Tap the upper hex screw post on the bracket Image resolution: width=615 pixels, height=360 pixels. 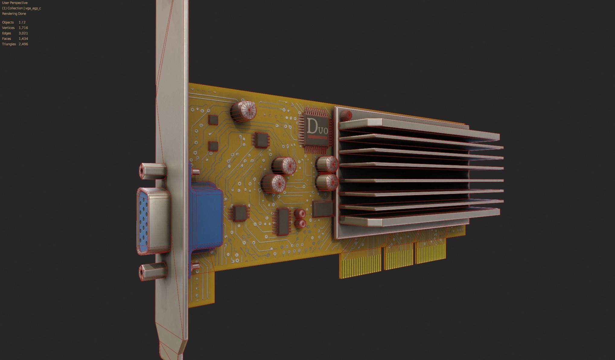pos(152,170)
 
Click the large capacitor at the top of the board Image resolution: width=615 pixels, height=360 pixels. pos(244,111)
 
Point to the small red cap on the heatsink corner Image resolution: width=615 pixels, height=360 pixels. pos(346,115)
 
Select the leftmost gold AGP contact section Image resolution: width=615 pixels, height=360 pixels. pos(361,266)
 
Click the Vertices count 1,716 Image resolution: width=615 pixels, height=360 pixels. pos(23,28)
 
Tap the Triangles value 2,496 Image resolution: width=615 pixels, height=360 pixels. pos(23,44)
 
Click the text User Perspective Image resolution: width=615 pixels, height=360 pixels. pos(15,3)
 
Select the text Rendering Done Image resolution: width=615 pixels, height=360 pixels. pos(14,14)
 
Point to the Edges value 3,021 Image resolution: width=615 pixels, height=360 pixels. pos(23,33)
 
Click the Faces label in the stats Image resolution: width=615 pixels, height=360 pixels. pos(6,39)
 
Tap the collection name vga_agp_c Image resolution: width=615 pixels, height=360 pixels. pos(33,8)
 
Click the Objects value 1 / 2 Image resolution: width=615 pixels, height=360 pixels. pos(22,22)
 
